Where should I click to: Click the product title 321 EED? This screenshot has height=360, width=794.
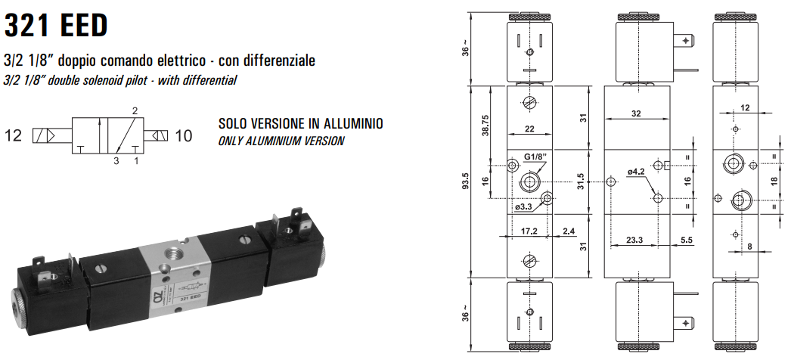(x=56, y=24)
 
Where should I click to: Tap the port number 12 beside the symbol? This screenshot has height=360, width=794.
(x=14, y=136)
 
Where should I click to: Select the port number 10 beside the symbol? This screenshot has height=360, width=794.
(x=184, y=136)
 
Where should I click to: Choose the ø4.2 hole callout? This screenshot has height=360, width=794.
(x=636, y=172)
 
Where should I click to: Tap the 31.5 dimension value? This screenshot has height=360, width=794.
(x=580, y=183)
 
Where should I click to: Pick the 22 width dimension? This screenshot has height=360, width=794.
(x=529, y=129)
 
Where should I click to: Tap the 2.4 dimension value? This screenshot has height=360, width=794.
(x=568, y=231)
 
